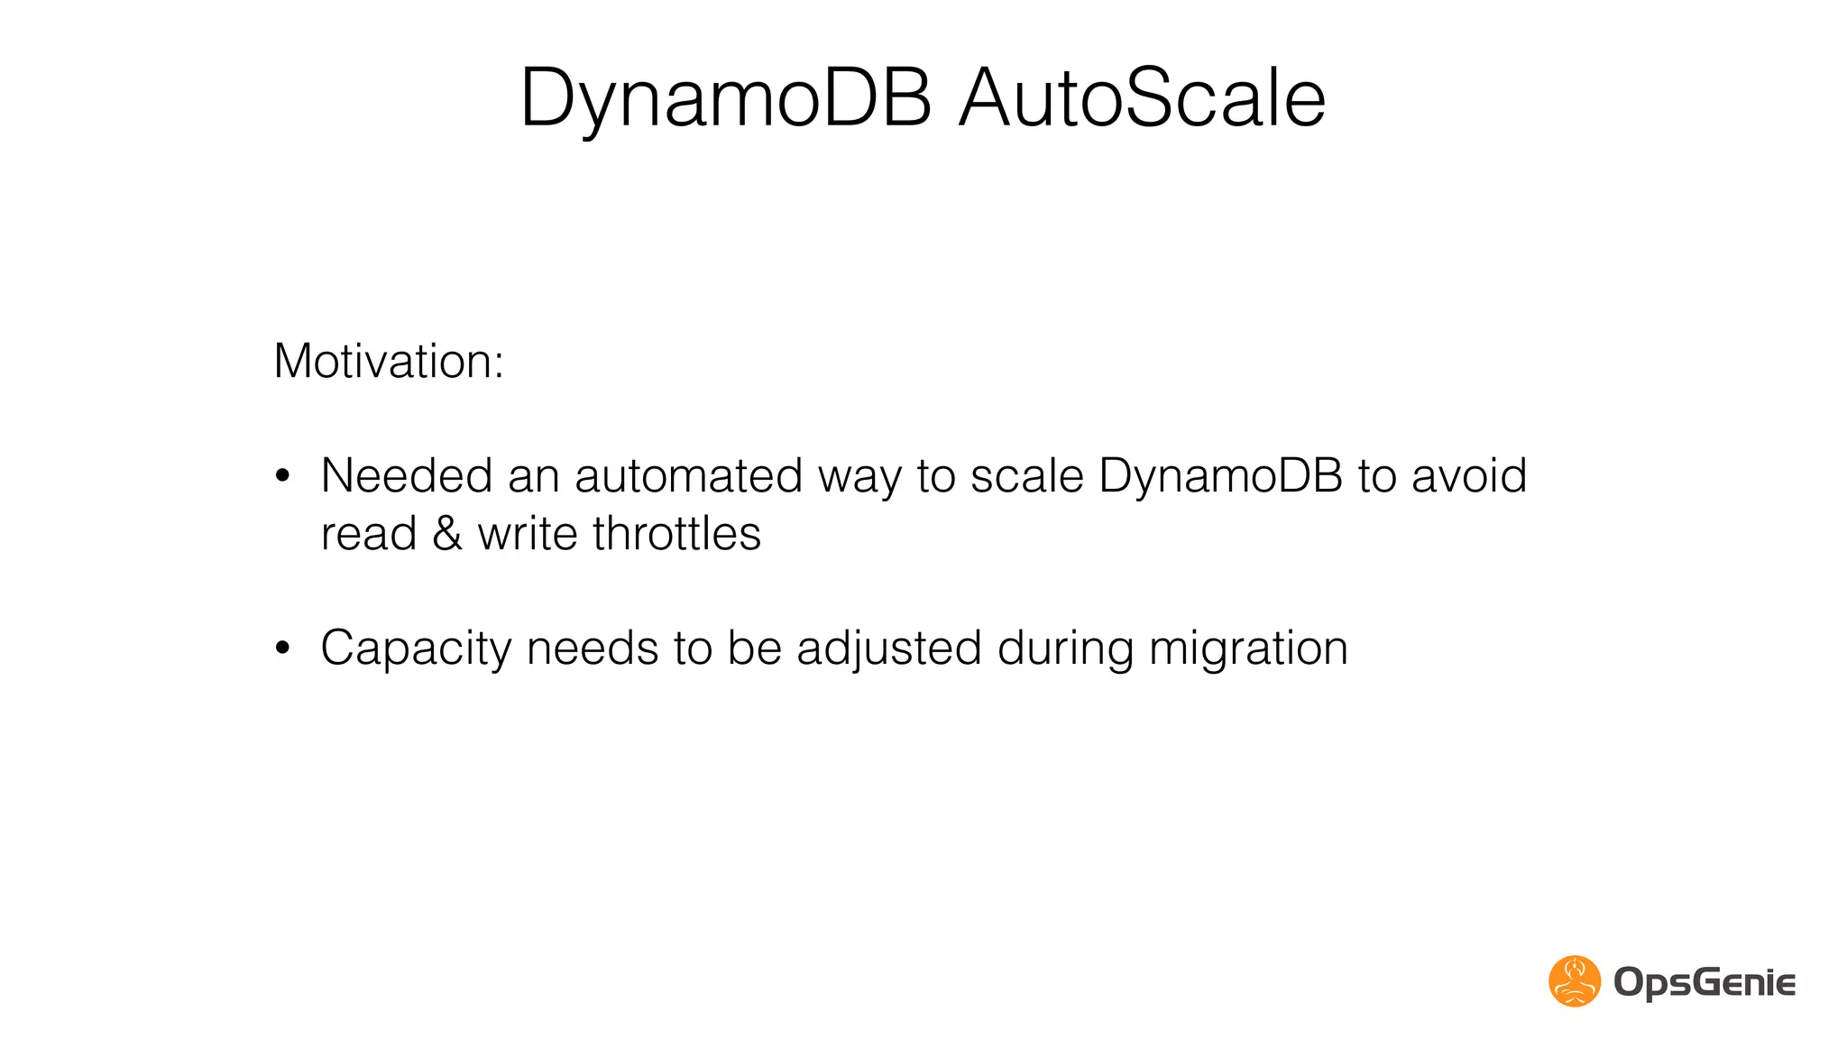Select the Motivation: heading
[x=389, y=362]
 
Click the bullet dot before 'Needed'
[x=283, y=475]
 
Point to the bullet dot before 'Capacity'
[x=283, y=648]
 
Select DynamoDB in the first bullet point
[x=1221, y=477]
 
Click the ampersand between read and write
[x=447, y=533]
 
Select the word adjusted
[x=889, y=648]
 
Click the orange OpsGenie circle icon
[x=1575, y=981]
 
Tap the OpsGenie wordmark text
[x=1705, y=982]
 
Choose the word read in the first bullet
[x=369, y=533]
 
